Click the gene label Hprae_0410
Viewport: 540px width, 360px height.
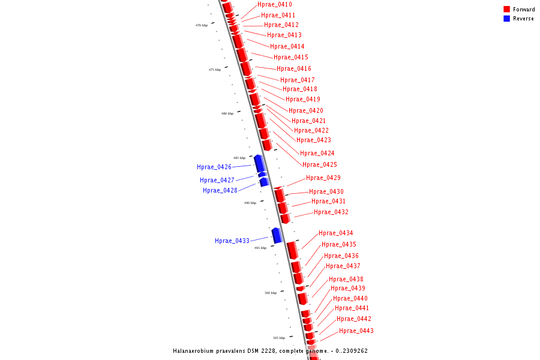point(275,5)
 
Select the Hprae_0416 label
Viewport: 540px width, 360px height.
point(294,69)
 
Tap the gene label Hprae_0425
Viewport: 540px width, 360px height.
point(320,165)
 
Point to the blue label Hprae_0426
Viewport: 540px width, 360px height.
point(214,167)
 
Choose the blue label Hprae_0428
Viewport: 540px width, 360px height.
point(220,191)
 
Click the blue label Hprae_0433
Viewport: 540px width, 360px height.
point(232,241)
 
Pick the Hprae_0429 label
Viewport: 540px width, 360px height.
point(323,178)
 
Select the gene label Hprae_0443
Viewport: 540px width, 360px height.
point(356,331)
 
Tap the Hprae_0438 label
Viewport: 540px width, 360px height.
point(346,280)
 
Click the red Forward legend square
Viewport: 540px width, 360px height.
point(506,9)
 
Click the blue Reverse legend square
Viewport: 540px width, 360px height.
point(506,19)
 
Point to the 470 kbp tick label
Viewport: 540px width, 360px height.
point(202,25)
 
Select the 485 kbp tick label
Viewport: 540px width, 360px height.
point(239,158)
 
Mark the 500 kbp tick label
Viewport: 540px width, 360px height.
point(271,293)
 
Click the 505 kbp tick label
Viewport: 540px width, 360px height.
point(279,338)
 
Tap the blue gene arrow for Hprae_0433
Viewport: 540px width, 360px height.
point(277,235)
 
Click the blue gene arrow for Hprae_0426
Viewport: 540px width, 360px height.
point(259,163)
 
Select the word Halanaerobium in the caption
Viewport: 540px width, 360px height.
point(197,351)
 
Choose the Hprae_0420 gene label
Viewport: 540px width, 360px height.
point(306,111)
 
